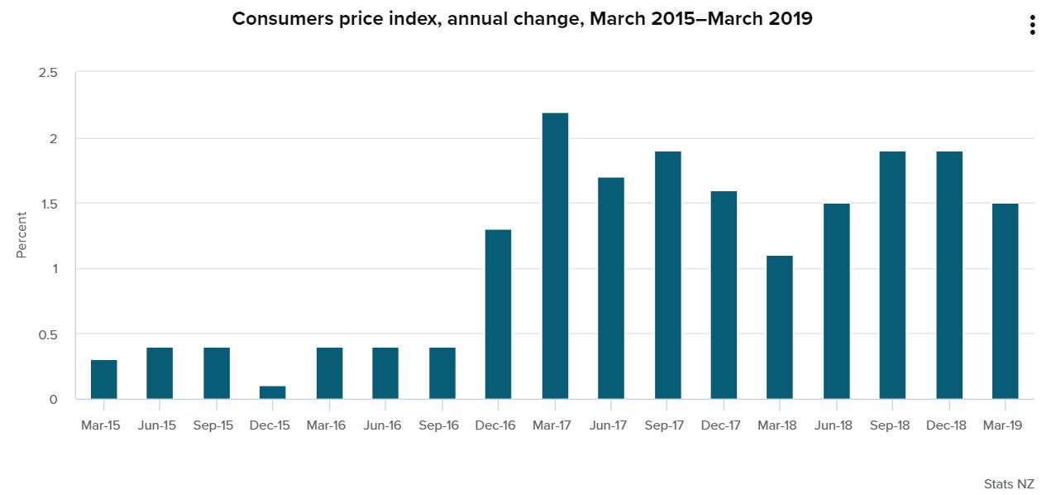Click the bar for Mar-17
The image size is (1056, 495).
555,256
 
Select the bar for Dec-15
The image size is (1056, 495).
273,392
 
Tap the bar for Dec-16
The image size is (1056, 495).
498,315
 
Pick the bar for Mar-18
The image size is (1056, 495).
780,327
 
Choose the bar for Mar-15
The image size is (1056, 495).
104,379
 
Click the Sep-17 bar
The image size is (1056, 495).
667,275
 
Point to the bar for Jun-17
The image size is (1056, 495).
611,288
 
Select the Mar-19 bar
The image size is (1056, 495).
1005,301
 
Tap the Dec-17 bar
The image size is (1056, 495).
724,295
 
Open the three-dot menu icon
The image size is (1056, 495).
1032,26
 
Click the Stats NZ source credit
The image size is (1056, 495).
1008,483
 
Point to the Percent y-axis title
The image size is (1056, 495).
22,234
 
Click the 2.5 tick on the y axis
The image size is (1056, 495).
48,73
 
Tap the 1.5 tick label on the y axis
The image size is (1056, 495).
48,204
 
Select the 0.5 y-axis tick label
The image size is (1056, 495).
48,334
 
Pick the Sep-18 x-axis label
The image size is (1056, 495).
892,425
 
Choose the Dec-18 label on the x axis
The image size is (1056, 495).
948,425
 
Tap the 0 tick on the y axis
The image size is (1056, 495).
54,400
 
